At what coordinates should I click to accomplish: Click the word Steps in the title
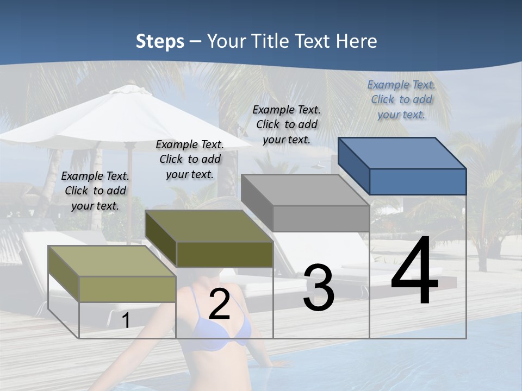pyautogui.click(x=160, y=42)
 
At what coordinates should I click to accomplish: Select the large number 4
pyautogui.click(x=414, y=271)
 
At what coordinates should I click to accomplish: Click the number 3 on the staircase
pyautogui.click(x=319, y=288)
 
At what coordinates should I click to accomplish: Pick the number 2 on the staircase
pyautogui.click(x=219, y=305)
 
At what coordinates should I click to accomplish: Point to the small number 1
pyautogui.click(x=126, y=320)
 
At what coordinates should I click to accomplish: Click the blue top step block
pyautogui.click(x=402, y=166)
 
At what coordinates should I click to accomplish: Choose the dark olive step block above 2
pyautogui.click(x=209, y=239)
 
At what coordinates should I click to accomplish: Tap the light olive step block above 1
pyautogui.click(x=112, y=274)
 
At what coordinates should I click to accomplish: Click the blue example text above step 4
pyautogui.click(x=401, y=99)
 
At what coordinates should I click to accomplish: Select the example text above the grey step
pyautogui.click(x=287, y=124)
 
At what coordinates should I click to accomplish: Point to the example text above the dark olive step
pyautogui.click(x=190, y=159)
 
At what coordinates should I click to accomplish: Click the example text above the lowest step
pyautogui.click(x=95, y=191)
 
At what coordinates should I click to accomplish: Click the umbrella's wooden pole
pyautogui.click(x=129, y=190)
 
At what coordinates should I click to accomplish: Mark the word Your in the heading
pyautogui.click(x=224, y=41)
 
